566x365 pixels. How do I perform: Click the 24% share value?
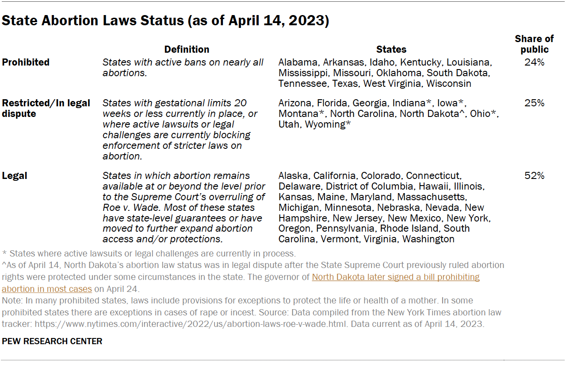pos(534,62)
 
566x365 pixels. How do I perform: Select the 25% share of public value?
pos(534,103)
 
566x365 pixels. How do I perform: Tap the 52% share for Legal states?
pos(534,176)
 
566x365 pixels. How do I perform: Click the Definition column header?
pos(187,50)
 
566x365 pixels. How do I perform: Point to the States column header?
pos(391,50)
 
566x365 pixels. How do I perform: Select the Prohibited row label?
pos(26,62)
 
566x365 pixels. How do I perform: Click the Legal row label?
pos(15,176)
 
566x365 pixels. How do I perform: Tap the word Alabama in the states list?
pos(298,62)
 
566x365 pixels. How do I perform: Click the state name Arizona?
pos(294,103)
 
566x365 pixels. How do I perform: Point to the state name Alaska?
pos(293,176)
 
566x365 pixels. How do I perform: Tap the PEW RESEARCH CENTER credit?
pos(52,341)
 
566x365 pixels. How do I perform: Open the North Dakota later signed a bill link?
pos(396,278)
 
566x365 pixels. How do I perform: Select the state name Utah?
pos(289,124)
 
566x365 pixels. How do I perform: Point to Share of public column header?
pos(534,44)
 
